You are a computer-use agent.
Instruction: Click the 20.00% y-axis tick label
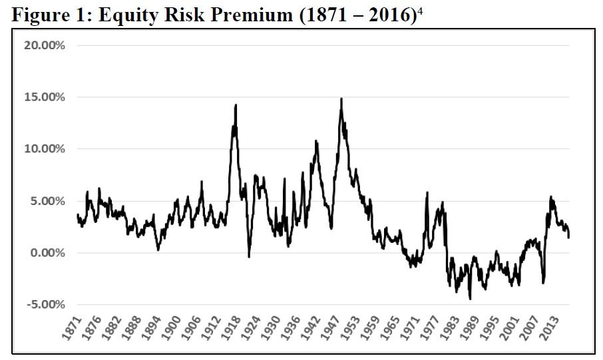[x=45, y=45]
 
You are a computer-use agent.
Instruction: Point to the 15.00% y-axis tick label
[x=45, y=97]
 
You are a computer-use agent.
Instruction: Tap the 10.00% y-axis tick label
[x=45, y=149]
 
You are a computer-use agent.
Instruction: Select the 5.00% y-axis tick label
[x=47, y=201]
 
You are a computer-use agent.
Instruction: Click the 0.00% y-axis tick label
[x=47, y=253]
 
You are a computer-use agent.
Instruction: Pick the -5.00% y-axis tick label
[x=46, y=305]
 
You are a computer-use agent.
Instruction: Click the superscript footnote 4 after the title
[x=420, y=11]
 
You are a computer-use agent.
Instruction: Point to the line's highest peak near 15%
[x=341, y=99]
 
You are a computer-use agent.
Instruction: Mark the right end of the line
[x=569, y=237]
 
